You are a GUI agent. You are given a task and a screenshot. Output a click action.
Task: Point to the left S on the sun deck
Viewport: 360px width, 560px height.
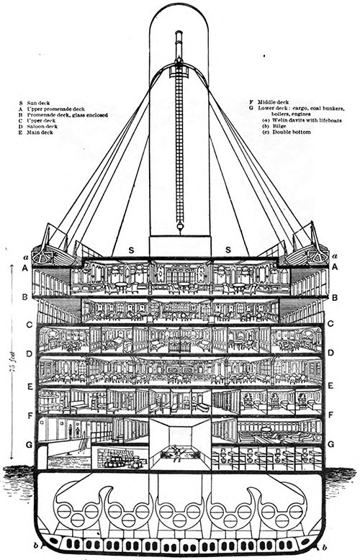(x=132, y=250)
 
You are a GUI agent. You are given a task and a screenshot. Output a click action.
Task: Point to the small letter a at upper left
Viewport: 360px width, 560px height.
(x=27, y=256)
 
